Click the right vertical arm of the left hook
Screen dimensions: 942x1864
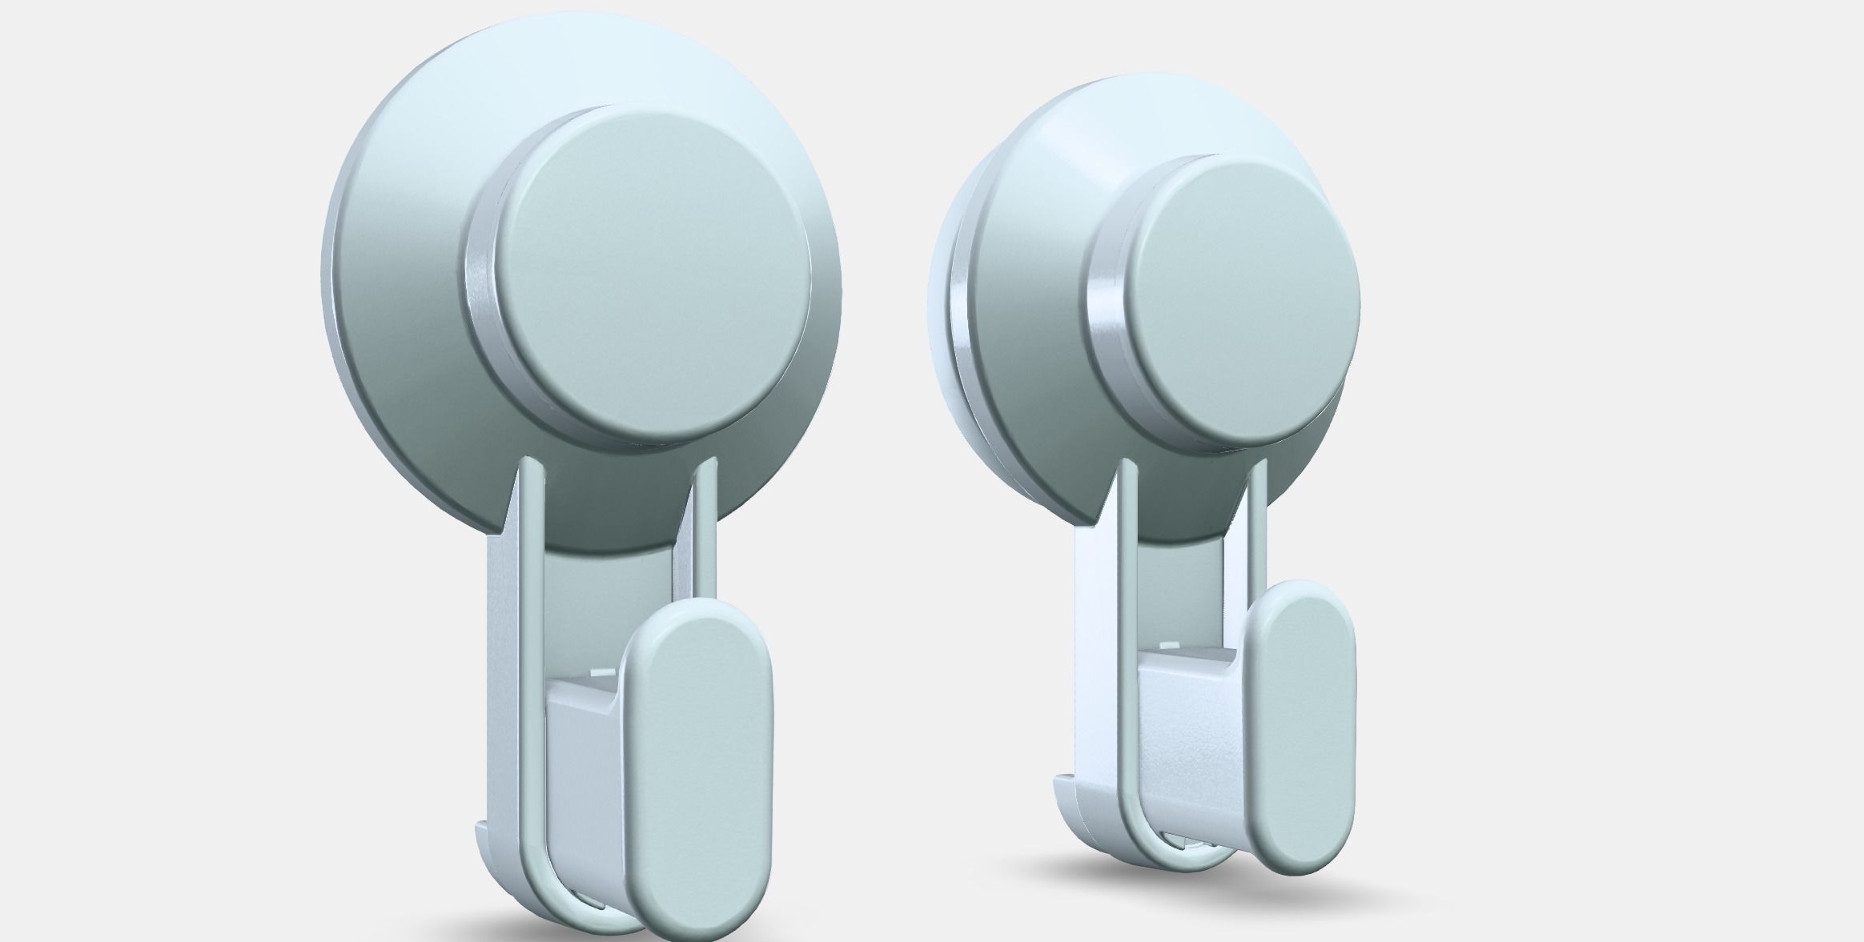coord(705,544)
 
